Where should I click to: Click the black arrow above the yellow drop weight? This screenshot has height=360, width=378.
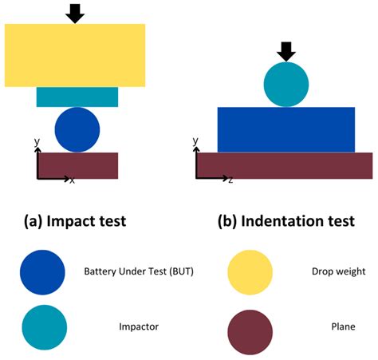[x=74, y=13]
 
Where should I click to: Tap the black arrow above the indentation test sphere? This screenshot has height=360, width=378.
[x=286, y=52]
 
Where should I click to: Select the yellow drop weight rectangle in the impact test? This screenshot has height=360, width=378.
[x=74, y=54]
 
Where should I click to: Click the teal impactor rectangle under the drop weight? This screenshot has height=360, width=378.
[x=77, y=97]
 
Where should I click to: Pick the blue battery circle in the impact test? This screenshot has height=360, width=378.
[x=77, y=129]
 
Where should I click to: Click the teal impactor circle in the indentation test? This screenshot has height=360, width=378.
[x=286, y=85]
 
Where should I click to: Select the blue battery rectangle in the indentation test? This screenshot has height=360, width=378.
[x=285, y=129]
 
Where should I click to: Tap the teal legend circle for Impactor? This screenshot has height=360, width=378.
[x=43, y=326]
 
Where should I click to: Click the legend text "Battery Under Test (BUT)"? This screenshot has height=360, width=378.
[x=139, y=271]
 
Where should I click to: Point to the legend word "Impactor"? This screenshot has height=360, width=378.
[x=139, y=326]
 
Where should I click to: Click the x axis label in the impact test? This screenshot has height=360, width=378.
[x=72, y=181]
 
